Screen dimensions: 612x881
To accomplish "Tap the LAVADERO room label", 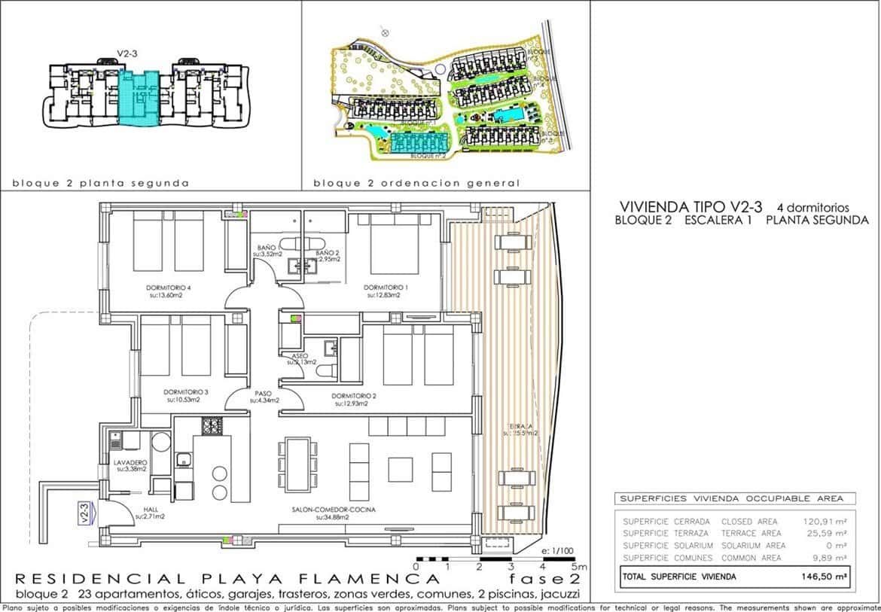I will click(x=130, y=462).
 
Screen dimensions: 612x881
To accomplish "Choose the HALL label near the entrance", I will click(x=149, y=510).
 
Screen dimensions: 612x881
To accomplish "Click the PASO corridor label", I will click(x=262, y=393).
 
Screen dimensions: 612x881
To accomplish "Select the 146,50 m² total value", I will click(x=828, y=577).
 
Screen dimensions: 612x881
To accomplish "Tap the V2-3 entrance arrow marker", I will click(x=86, y=513).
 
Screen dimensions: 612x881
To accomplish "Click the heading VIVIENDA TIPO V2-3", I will click(x=690, y=206).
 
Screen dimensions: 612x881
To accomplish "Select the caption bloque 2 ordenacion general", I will click(x=416, y=183).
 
